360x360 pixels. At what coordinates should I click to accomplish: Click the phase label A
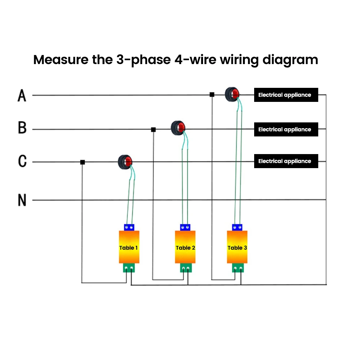click(22, 95)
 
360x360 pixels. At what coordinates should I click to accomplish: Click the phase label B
click(22, 127)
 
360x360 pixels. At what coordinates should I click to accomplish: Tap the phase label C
click(22, 161)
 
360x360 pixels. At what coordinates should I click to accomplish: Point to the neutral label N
click(22, 200)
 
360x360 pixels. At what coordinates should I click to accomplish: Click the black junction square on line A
click(212, 95)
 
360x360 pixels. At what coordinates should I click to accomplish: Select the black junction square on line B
click(153, 130)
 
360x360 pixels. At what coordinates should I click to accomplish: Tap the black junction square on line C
click(83, 162)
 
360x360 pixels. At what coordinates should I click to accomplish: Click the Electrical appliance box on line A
click(286, 95)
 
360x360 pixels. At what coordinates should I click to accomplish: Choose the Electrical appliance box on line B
click(286, 130)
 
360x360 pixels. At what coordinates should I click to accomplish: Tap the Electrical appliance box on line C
click(286, 161)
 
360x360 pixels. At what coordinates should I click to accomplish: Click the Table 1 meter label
click(129, 248)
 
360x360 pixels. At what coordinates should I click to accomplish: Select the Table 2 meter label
click(185, 248)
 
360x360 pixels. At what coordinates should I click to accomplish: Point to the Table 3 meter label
click(237, 248)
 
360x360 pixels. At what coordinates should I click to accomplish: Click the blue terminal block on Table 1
click(129, 227)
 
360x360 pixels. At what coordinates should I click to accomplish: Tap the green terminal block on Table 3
click(238, 268)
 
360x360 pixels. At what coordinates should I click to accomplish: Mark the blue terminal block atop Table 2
click(185, 227)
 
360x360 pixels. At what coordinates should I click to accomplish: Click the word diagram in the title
click(290, 60)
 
